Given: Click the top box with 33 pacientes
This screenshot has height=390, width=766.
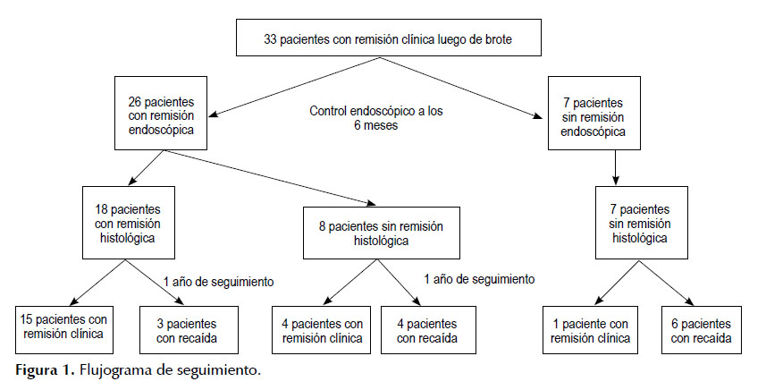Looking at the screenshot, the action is (389, 38).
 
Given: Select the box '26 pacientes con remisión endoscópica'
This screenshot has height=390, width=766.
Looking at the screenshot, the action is (161, 113).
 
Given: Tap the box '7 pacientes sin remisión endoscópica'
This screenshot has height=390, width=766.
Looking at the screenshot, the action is (594, 113).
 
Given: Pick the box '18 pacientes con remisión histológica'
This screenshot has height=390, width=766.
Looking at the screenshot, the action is (129, 223).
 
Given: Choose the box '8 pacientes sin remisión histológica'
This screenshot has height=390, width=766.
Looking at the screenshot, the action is (382, 233).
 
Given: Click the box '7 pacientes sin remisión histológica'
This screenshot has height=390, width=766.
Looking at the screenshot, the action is (642, 223).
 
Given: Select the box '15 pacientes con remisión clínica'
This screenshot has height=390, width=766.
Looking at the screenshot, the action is (64, 330).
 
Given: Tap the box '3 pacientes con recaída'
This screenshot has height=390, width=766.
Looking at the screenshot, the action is (189, 330).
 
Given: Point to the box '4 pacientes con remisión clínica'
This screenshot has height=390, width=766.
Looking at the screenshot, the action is (323, 330).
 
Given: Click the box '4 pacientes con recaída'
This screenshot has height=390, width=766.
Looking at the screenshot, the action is (428, 330).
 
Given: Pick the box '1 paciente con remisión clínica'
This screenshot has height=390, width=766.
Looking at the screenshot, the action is (590, 330).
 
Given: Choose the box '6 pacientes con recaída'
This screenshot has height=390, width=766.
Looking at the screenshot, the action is (701, 330).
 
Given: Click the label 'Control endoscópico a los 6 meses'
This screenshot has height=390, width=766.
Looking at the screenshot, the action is (376, 118).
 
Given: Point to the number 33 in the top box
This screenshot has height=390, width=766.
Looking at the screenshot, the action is (271, 39).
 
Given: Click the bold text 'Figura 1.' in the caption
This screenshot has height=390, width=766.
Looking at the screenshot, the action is (45, 370).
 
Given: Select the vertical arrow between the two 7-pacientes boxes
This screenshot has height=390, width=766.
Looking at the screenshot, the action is (616, 167).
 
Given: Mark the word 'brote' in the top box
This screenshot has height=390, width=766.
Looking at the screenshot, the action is (498, 39).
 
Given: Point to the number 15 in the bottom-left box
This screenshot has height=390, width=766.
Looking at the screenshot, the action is (26, 319).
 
